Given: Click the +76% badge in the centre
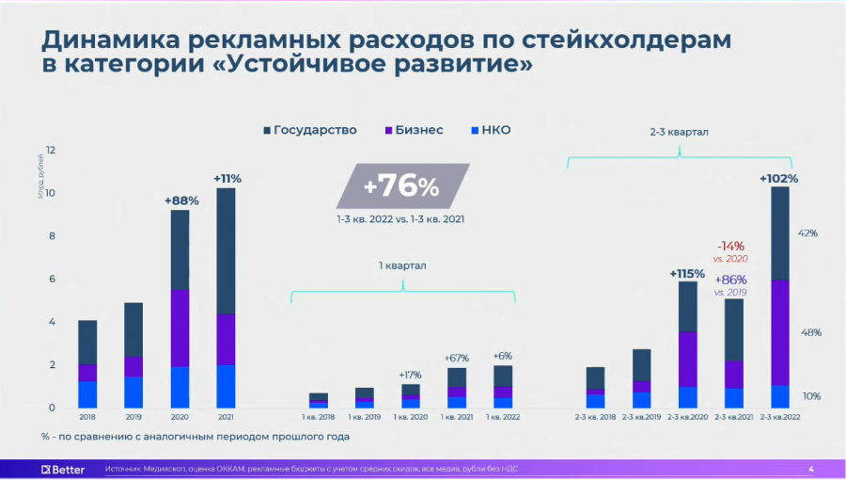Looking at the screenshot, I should pyautogui.click(x=402, y=186).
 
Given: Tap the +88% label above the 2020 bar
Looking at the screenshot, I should pyautogui.click(x=182, y=200).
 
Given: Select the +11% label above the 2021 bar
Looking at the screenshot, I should pyautogui.click(x=227, y=178).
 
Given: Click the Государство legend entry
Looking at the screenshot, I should pyautogui.click(x=310, y=130).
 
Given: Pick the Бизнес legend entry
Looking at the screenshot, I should pyautogui.click(x=414, y=130).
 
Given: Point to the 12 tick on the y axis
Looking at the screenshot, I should pyautogui.click(x=51, y=150).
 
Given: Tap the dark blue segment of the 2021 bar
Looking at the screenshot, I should pyautogui.click(x=226, y=250).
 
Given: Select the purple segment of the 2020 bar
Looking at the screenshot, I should pyautogui.click(x=180, y=328).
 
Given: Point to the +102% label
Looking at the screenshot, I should pyautogui.click(x=778, y=178).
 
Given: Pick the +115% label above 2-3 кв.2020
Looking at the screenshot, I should pyautogui.click(x=687, y=273).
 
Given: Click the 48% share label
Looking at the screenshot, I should pyautogui.click(x=810, y=332).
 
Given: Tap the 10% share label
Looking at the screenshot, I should pyautogui.click(x=810, y=396).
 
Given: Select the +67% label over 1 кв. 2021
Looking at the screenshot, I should pyautogui.click(x=456, y=359).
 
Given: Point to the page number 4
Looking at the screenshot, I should pyautogui.click(x=811, y=468).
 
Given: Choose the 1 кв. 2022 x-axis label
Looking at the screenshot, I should pyautogui.click(x=502, y=416).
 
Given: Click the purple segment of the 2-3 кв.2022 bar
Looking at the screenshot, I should pyautogui.click(x=780, y=332).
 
